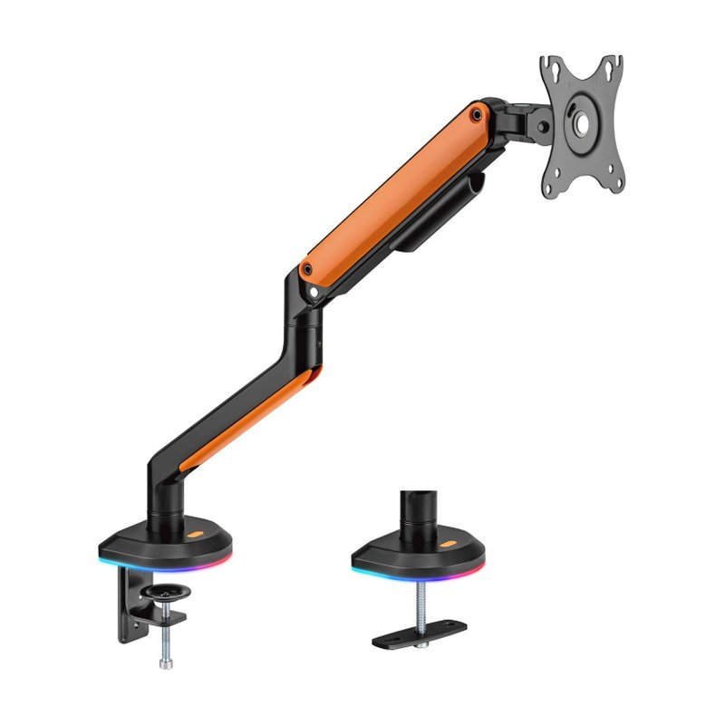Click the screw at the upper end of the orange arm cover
pos(476,113)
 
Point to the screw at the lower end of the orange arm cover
pos(308,269)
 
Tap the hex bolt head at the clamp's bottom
pos(165,664)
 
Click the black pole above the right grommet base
pos(419,512)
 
